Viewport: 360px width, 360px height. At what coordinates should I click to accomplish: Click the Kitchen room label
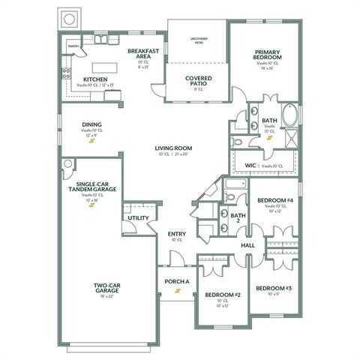pyautogui.click(x=94, y=79)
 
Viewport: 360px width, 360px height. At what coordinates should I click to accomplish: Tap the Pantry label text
pyautogui.click(x=73, y=46)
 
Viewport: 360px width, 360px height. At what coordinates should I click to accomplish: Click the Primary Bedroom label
pyautogui.click(x=267, y=54)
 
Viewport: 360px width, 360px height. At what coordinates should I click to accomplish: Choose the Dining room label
pyautogui.click(x=92, y=124)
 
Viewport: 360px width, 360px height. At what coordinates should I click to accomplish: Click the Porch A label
pyautogui.click(x=176, y=282)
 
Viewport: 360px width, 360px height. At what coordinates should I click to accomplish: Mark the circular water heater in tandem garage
pyautogui.click(x=68, y=163)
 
